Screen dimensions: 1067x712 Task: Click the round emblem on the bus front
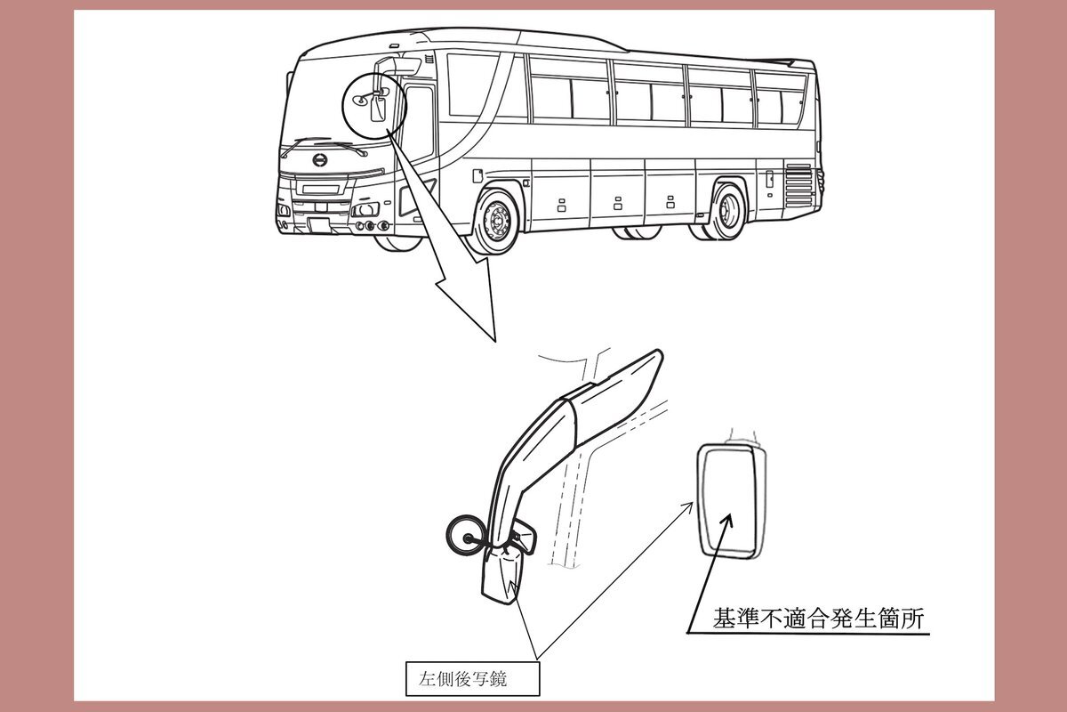tap(320, 160)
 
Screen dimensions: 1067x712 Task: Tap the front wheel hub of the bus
tap(499, 221)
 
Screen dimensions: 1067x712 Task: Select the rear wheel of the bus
tap(727, 211)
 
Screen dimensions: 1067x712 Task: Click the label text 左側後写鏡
tap(463, 678)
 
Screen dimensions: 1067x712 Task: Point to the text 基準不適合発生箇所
tap(818, 619)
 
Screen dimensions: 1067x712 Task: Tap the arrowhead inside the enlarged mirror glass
tap(727, 521)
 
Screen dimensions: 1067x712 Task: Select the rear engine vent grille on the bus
tap(798, 185)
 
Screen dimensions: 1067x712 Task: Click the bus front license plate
tap(319, 224)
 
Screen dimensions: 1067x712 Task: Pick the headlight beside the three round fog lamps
tap(365, 209)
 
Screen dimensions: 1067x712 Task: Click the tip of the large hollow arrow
tap(495, 342)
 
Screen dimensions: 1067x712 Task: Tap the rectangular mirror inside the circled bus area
tap(378, 109)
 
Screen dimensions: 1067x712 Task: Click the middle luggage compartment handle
tap(618, 203)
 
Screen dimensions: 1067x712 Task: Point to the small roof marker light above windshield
tap(393, 45)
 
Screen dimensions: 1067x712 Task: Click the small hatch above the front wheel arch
tap(477, 175)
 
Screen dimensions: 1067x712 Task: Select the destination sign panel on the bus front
tap(321, 189)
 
